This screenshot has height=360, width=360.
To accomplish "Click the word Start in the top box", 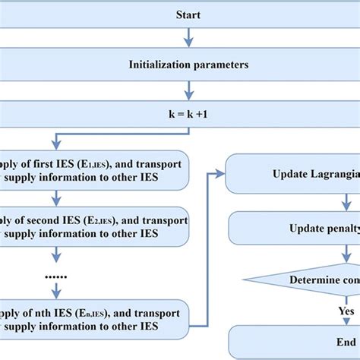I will tap(188, 14).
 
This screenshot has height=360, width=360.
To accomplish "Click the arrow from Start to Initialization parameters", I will tap(188, 39).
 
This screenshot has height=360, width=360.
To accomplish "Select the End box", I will tap(304, 342).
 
